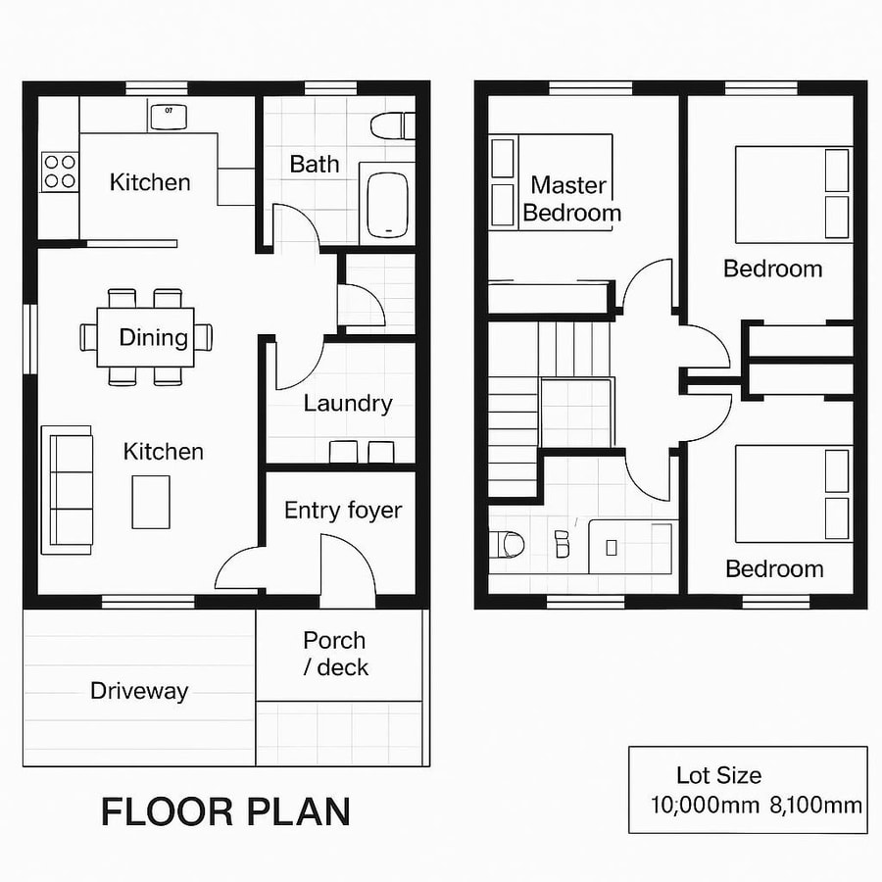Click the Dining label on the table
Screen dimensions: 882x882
(x=153, y=338)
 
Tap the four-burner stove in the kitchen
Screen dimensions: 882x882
(x=60, y=171)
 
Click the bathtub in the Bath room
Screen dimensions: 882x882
(x=387, y=206)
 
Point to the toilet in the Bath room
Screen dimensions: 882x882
(x=393, y=125)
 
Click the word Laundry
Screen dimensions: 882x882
(x=348, y=403)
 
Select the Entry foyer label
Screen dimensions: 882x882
(x=343, y=511)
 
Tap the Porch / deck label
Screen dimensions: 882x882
(x=335, y=654)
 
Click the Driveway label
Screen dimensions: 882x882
(x=139, y=691)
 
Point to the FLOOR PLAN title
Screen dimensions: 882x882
(x=225, y=812)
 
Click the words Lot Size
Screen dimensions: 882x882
(x=718, y=776)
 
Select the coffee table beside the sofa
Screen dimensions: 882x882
(x=150, y=501)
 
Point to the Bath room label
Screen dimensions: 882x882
(x=315, y=164)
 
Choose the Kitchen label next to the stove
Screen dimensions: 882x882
(x=150, y=182)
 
